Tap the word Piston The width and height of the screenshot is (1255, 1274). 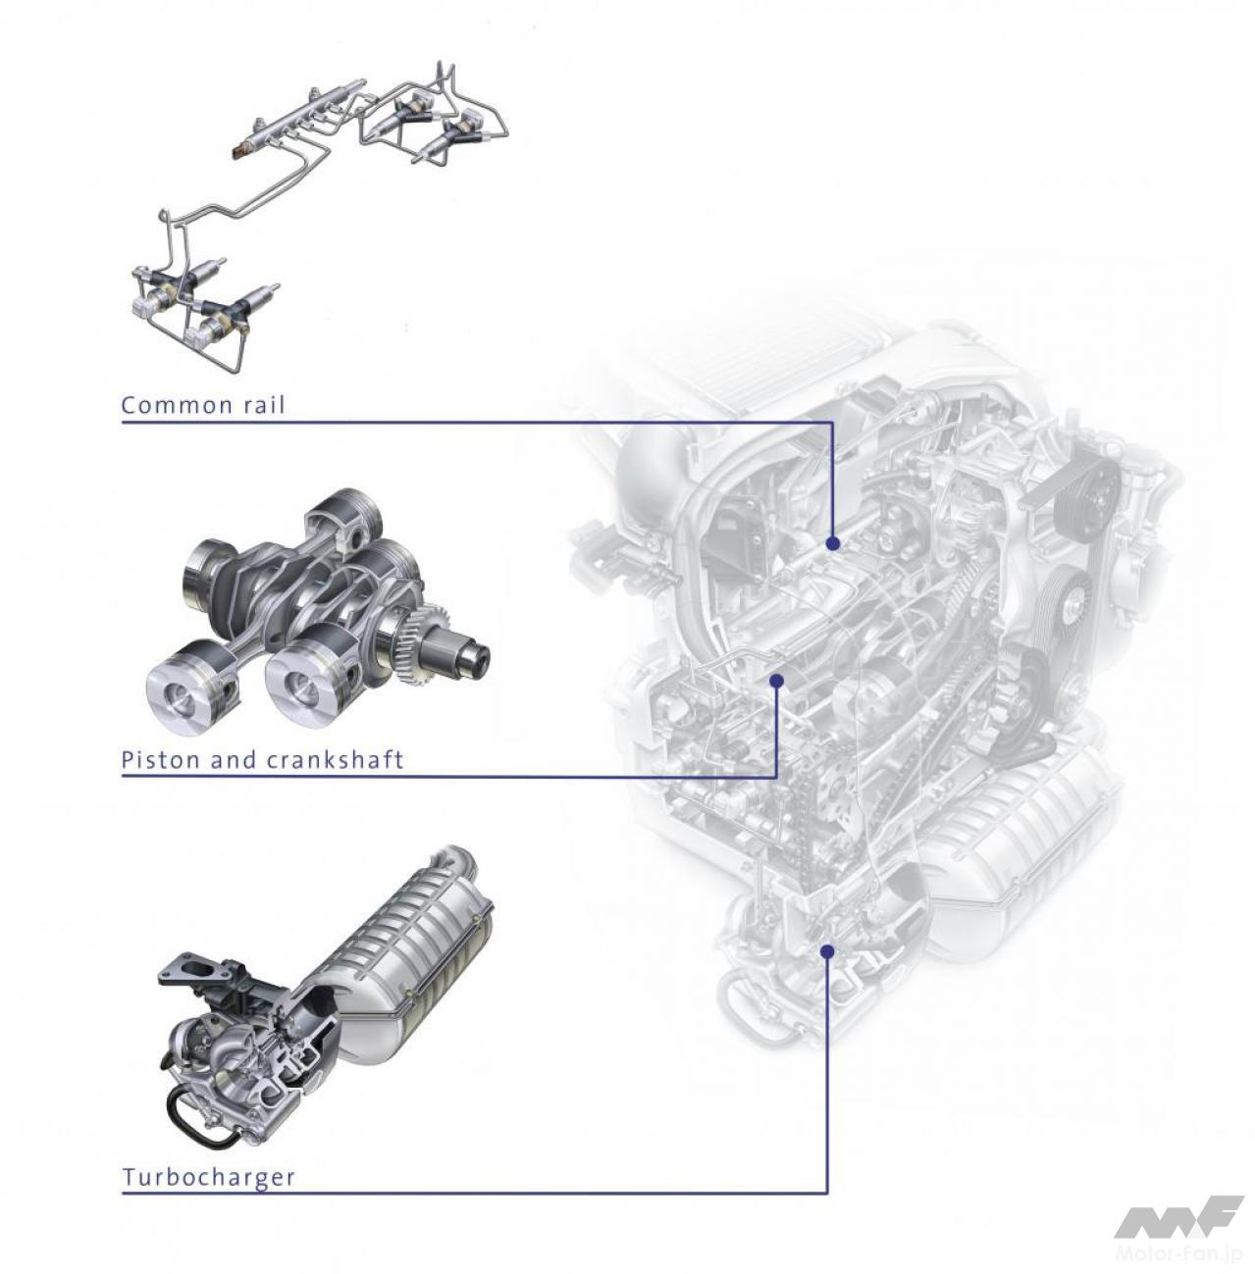pos(161,759)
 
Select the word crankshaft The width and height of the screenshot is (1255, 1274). pos(334,759)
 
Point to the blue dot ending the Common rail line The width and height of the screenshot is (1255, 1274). pos(833,543)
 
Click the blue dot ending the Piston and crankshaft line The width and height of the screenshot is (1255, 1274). pos(777,681)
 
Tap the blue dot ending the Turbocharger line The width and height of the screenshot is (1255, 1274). pos(826,950)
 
